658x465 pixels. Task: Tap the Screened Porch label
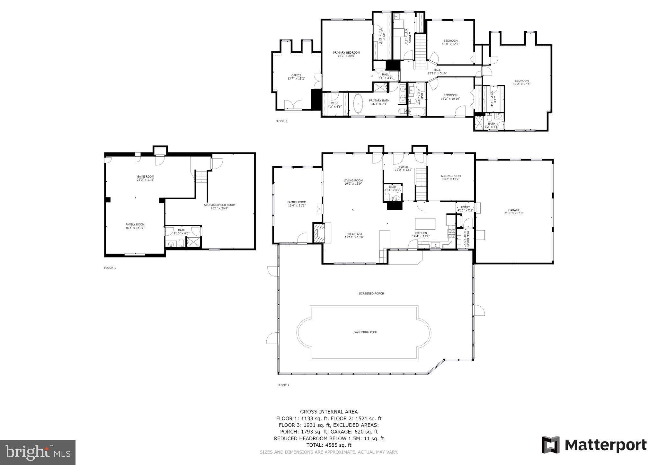tap(371, 294)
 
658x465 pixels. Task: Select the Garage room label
tap(514, 212)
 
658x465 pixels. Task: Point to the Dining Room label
tap(451, 177)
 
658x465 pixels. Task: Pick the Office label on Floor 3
tap(296, 77)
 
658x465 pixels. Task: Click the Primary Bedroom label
tap(346, 54)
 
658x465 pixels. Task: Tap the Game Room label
tap(146, 178)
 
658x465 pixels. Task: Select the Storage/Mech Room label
tap(219, 206)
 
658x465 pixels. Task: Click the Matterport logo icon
tap(551, 445)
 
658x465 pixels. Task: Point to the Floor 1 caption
tap(110, 268)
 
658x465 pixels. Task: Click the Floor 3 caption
tap(281, 121)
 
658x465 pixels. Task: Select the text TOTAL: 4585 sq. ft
tap(329, 445)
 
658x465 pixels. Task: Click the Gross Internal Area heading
tap(329, 412)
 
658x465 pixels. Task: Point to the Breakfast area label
tap(354, 235)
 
